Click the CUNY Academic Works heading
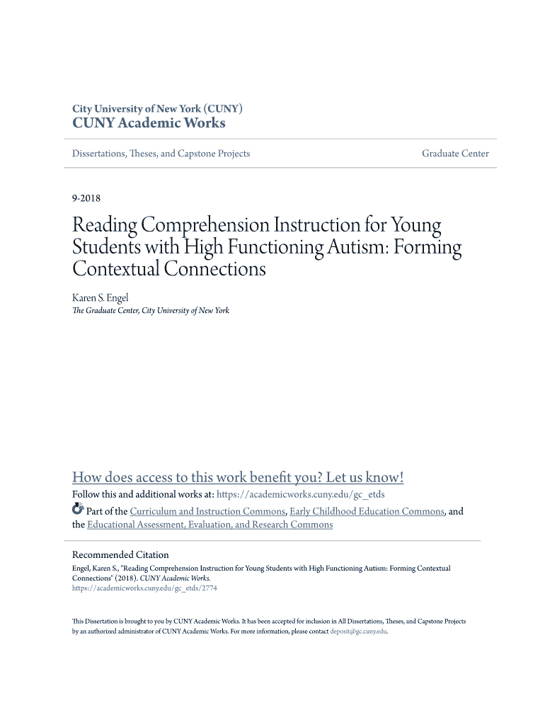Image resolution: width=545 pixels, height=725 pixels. [x=149, y=123]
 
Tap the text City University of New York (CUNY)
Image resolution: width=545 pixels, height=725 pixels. [x=158, y=109]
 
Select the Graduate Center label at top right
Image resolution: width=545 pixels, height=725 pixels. [x=455, y=154]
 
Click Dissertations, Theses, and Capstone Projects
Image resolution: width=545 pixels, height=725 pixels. [x=161, y=154]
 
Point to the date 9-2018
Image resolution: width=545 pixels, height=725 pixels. [x=86, y=199]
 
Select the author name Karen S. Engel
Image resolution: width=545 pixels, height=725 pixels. [x=101, y=298]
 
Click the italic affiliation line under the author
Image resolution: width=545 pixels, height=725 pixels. [x=151, y=311]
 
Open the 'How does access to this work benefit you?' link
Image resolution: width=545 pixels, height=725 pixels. [x=238, y=477]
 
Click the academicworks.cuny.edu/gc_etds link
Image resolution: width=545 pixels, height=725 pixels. [x=300, y=495]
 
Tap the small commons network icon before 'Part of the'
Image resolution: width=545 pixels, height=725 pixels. [x=79, y=510]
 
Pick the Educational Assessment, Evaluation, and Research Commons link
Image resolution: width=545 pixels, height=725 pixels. [x=210, y=525]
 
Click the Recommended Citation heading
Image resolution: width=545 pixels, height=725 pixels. [x=120, y=554]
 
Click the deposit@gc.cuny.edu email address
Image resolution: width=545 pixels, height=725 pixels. [x=359, y=631]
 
